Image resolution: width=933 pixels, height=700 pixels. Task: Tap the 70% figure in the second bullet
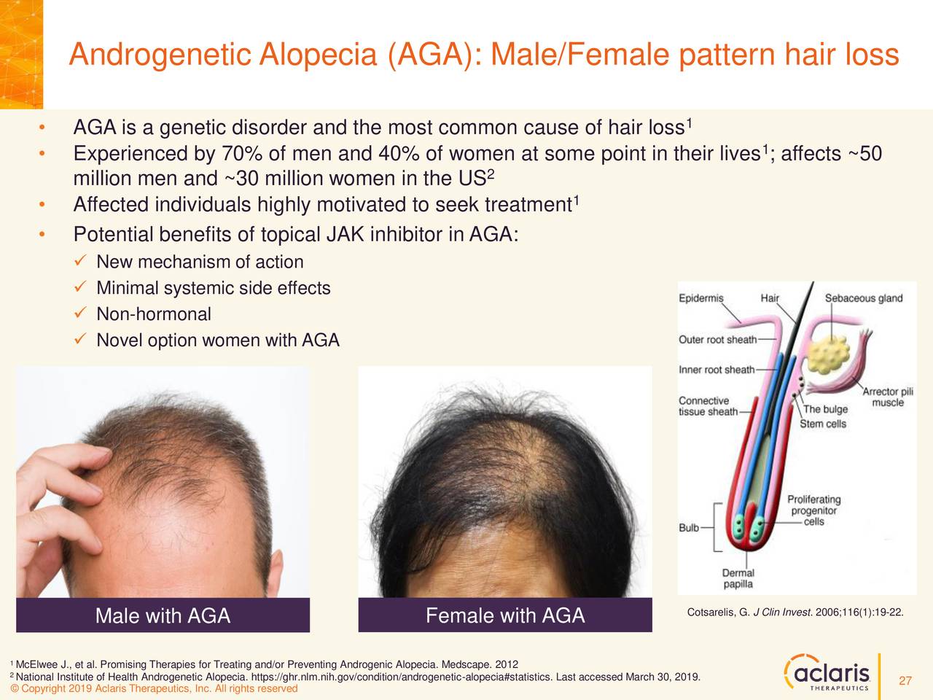(222, 154)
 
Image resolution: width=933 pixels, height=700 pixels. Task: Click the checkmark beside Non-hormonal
(80, 314)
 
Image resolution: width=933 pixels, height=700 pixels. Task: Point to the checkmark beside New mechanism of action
(80, 261)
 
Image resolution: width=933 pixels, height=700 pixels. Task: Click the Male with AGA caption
(163, 616)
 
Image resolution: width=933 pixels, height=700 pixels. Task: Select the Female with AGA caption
(504, 616)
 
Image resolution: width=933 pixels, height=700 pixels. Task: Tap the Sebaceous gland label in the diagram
(863, 297)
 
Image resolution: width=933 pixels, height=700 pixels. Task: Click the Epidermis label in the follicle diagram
(701, 297)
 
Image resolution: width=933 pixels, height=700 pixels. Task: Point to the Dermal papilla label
(738, 578)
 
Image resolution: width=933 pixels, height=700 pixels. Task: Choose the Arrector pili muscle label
(887, 397)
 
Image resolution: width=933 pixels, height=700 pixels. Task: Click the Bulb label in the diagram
(689, 527)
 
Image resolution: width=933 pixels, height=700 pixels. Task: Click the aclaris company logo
(827, 673)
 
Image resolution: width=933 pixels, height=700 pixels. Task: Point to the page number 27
(905, 681)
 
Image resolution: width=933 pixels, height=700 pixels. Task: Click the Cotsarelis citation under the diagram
(795, 612)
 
